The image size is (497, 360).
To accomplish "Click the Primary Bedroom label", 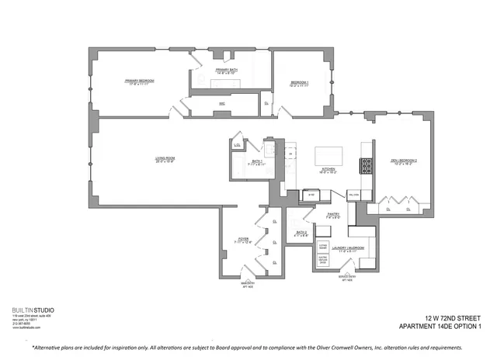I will (140, 82).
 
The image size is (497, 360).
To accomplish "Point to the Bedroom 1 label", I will (300, 84).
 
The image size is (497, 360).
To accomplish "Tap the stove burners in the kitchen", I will (363, 165).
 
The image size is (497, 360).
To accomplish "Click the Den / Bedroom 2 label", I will (404, 162).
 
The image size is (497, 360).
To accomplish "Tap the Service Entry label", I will (347, 280).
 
